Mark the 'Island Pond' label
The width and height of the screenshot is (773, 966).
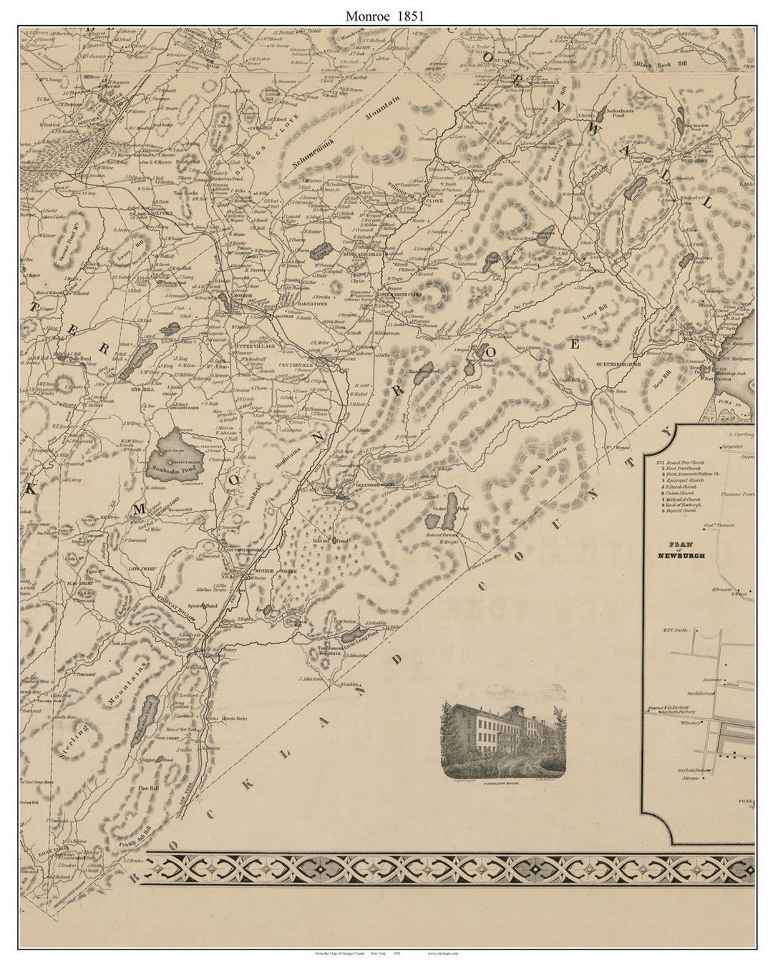pyautogui.click(x=330, y=541)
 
